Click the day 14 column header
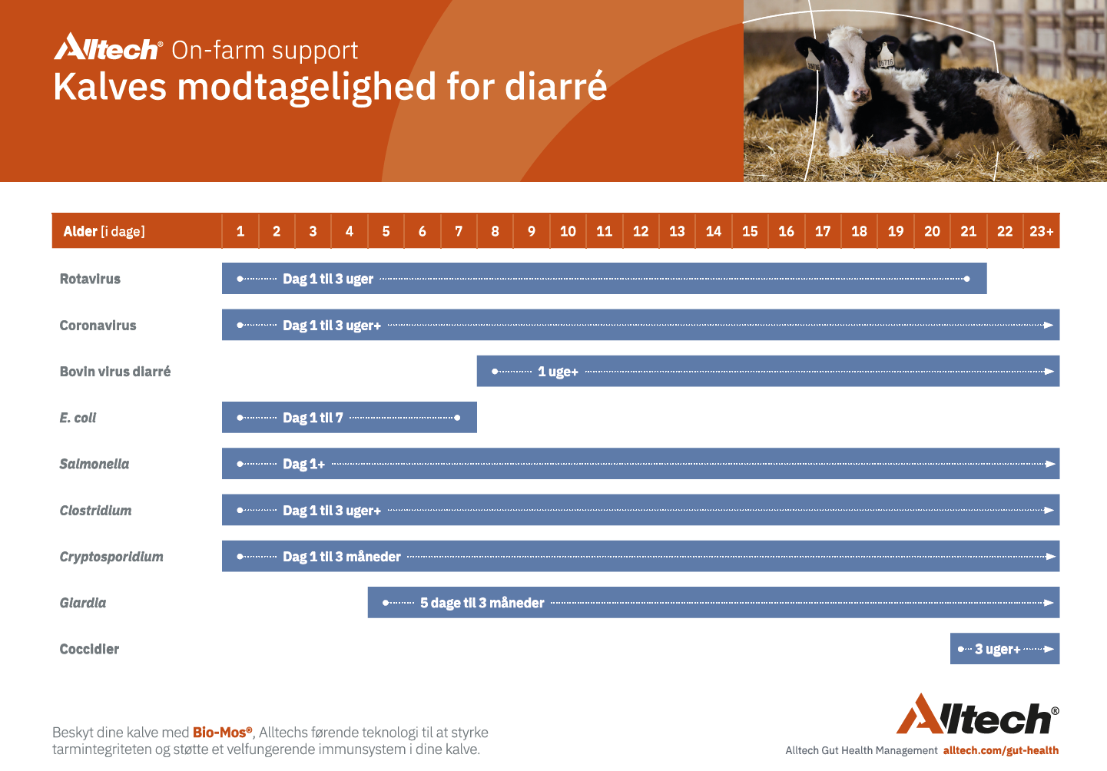coord(713,231)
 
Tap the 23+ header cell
coord(1041,231)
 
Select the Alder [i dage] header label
coord(104,232)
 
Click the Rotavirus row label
coord(90,279)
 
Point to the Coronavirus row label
coord(98,326)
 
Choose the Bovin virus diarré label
coord(115,372)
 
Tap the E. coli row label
coord(78,418)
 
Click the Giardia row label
coord(82,603)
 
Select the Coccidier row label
coord(89,649)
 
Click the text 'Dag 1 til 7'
coord(313,418)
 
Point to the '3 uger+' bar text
coord(997,649)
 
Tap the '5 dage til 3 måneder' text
coord(482,603)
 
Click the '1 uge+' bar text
coord(558,372)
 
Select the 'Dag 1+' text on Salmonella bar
coord(303,465)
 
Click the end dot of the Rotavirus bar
coord(966,279)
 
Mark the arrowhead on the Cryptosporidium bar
coord(1050,557)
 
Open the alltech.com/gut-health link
coord(1001,750)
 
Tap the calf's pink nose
coord(861,94)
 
